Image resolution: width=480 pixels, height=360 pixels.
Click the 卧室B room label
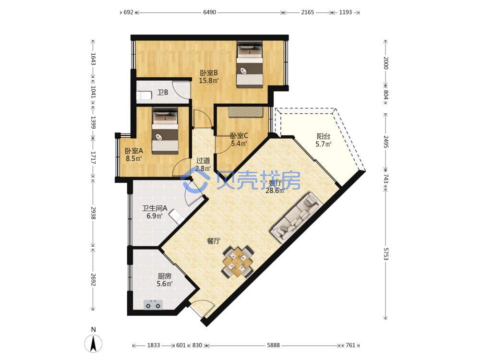tap(209, 73)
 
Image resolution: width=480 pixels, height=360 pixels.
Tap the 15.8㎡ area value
tap(209, 81)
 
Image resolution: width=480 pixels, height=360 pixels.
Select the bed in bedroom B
tap(250, 65)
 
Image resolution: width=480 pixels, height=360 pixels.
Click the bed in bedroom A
tap(165, 131)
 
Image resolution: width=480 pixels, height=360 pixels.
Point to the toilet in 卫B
tap(144, 96)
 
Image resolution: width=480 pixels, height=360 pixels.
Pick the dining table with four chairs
tap(238, 262)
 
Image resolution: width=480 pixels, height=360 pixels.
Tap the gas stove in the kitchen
tap(153, 305)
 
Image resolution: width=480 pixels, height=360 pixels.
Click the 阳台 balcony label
tap(323, 136)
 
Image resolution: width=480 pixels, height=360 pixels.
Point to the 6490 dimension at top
tap(209, 12)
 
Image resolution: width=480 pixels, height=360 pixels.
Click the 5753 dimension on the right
tap(386, 254)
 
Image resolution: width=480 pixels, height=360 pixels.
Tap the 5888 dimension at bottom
tap(273, 345)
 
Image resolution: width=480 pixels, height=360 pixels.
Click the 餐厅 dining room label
tap(214, 241)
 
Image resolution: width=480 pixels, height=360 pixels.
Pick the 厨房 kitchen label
tap(164, 276)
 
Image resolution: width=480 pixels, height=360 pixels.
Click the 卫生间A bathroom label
tap(155, 208)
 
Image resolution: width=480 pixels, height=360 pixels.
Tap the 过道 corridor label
tap(203, 160)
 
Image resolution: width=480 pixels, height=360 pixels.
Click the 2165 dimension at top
tap(307, 12)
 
